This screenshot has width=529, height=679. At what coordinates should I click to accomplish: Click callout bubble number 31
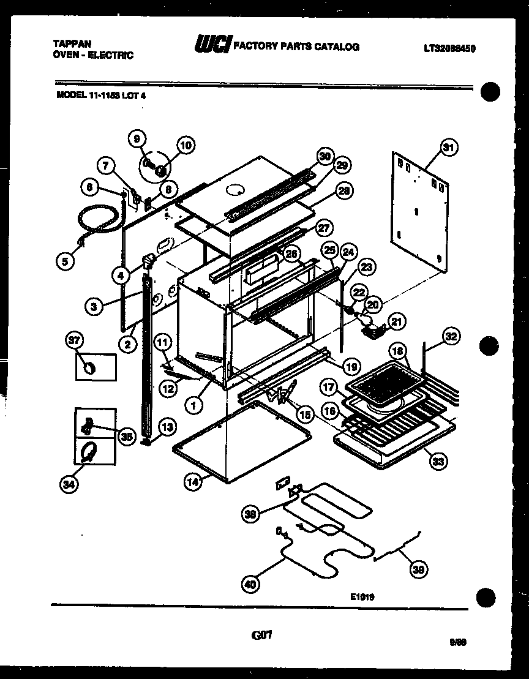click(x=449, y=148)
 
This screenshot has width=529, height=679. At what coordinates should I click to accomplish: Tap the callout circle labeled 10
click(x=186, y=145)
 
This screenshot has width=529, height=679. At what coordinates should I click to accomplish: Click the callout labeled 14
click(x=193, y=481)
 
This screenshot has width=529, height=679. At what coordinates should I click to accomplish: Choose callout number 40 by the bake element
click(x=249, y=584)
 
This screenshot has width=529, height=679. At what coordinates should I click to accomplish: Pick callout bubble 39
click(x=418, y=569)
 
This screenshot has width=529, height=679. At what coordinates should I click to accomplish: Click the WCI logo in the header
click(x=212, y=44)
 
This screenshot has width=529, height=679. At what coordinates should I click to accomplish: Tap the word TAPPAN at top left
click(x=73, y=44)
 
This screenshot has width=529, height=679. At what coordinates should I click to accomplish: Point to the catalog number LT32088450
click(x=449, y=48)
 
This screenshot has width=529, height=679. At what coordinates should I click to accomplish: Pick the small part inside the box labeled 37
click(x=91, y=367)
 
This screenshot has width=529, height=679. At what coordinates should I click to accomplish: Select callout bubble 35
click(x=126, y=437)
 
